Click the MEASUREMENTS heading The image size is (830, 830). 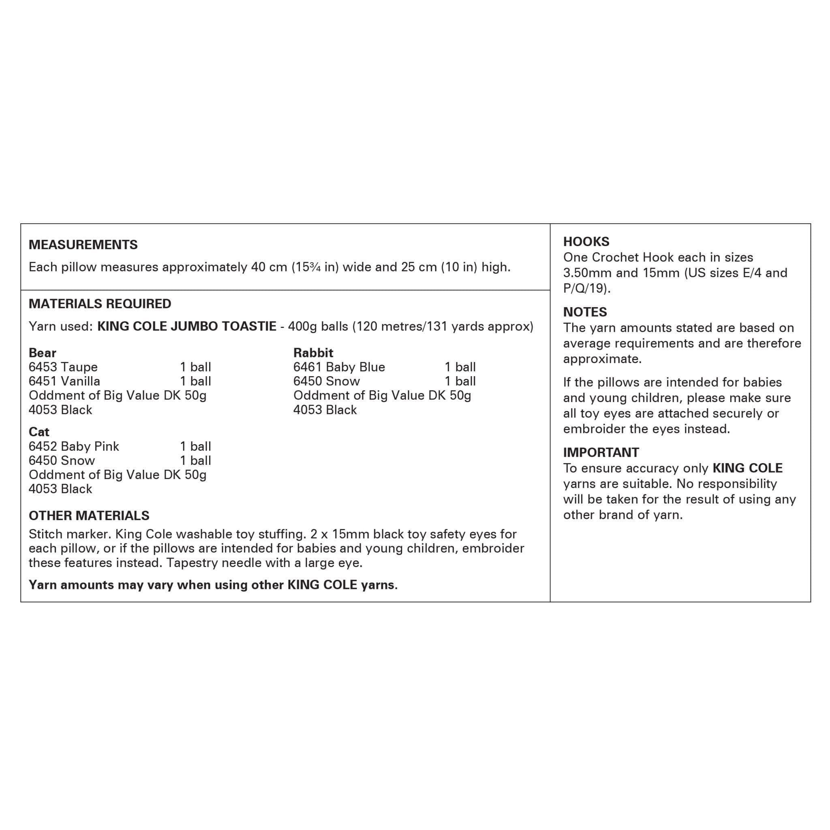click(83, 245)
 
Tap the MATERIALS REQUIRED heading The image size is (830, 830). click(100, 304)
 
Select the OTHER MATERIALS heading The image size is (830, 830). click(89, 516)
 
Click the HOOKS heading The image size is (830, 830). click(586, 242)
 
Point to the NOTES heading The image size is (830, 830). click(585, 312)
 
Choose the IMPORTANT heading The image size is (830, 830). click(601, 452)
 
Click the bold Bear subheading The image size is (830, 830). click(42, 353)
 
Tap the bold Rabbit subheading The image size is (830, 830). click(313, 353)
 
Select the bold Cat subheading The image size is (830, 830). click(39, 432)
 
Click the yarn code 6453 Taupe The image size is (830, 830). click(63, 367)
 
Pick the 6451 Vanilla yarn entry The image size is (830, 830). click(64, 381)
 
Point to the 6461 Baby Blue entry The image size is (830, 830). click(339, 367)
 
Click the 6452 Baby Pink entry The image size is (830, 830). click(74, 446)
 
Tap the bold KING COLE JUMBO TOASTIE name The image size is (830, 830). click(187, 327)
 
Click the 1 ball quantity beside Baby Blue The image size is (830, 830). click(460, 367)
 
